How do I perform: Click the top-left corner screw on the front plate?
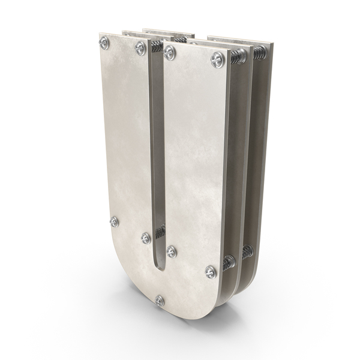[x=104, y=43]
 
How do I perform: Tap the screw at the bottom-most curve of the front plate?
[x=160, y=301]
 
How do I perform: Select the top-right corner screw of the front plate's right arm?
[x=217, y=59]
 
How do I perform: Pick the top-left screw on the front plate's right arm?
[x=170, y=53]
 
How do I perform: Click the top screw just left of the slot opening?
[x=140, y=48]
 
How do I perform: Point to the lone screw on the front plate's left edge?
[x=114, y=222]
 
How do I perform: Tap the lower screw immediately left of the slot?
[x=146, y=238]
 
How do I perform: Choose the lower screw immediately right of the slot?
[x=172, y=251]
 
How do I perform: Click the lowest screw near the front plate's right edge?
[x=211, y=272]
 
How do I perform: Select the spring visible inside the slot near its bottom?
[x=160, y=231]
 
